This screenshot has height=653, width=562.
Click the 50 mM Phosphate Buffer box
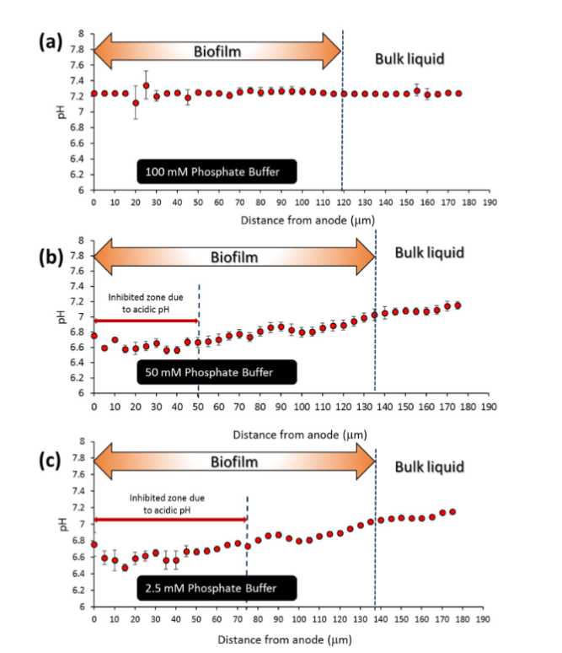(217, 371)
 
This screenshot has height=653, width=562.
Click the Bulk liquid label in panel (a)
(409, 58)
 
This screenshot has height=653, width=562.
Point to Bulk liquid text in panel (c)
(430, 467)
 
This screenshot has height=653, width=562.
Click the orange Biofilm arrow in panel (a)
(217, 51)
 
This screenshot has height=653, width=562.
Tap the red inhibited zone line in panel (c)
(169, 519)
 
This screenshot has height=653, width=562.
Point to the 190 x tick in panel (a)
(490, 202)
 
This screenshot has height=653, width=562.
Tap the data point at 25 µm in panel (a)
(146, 85)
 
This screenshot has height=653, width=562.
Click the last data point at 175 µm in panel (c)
(452, 512)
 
